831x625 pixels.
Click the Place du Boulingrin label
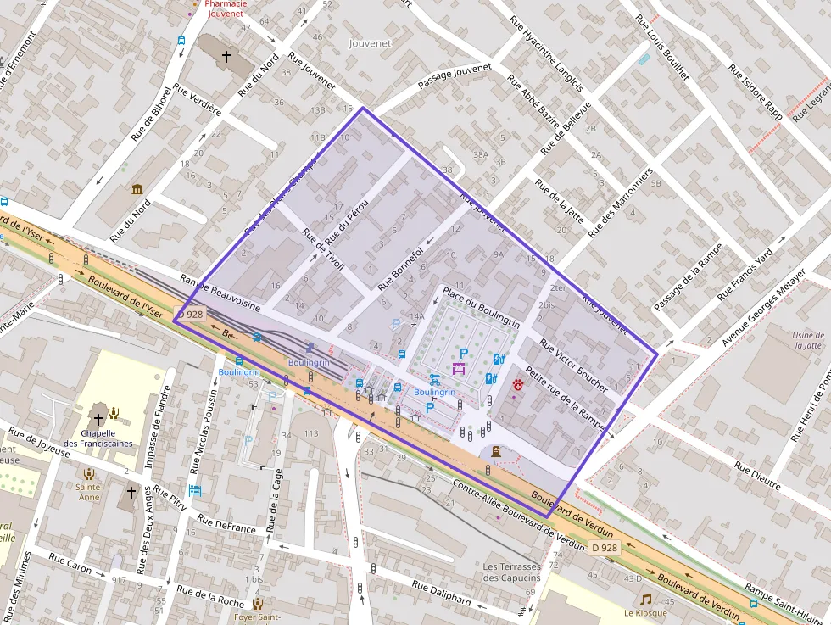tap(481, 306)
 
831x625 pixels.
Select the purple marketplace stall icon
tap(459, 368)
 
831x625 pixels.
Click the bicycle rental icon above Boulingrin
tap(434, 379)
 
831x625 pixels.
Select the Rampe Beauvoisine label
tap(220, 293)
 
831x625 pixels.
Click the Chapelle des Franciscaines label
tap(98, 438)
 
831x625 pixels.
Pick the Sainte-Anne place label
tap(88, 492)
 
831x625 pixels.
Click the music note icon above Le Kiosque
tap(646, 599)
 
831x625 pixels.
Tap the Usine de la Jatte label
tap(809, 340)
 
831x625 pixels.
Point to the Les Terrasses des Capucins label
tap(511, 572)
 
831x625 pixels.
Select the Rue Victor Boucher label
tap(573, 360)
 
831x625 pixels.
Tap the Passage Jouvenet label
tap(455, 77)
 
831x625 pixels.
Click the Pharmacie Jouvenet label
tap(225, 8)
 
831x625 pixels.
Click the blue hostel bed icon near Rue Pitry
tap(195, 490)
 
